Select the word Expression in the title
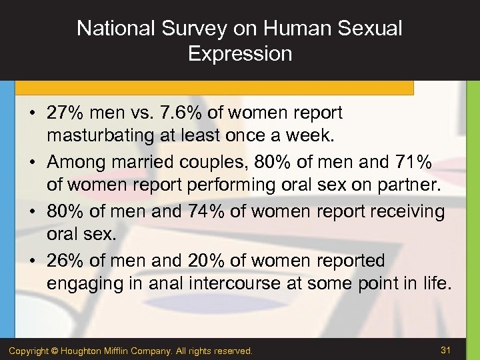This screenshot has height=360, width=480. pyautogui.click(x=240, y=53)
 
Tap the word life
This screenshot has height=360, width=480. pyautogui.click(x=438, y=283)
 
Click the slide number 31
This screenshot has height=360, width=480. pyautogui.click(x=446, y=349)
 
